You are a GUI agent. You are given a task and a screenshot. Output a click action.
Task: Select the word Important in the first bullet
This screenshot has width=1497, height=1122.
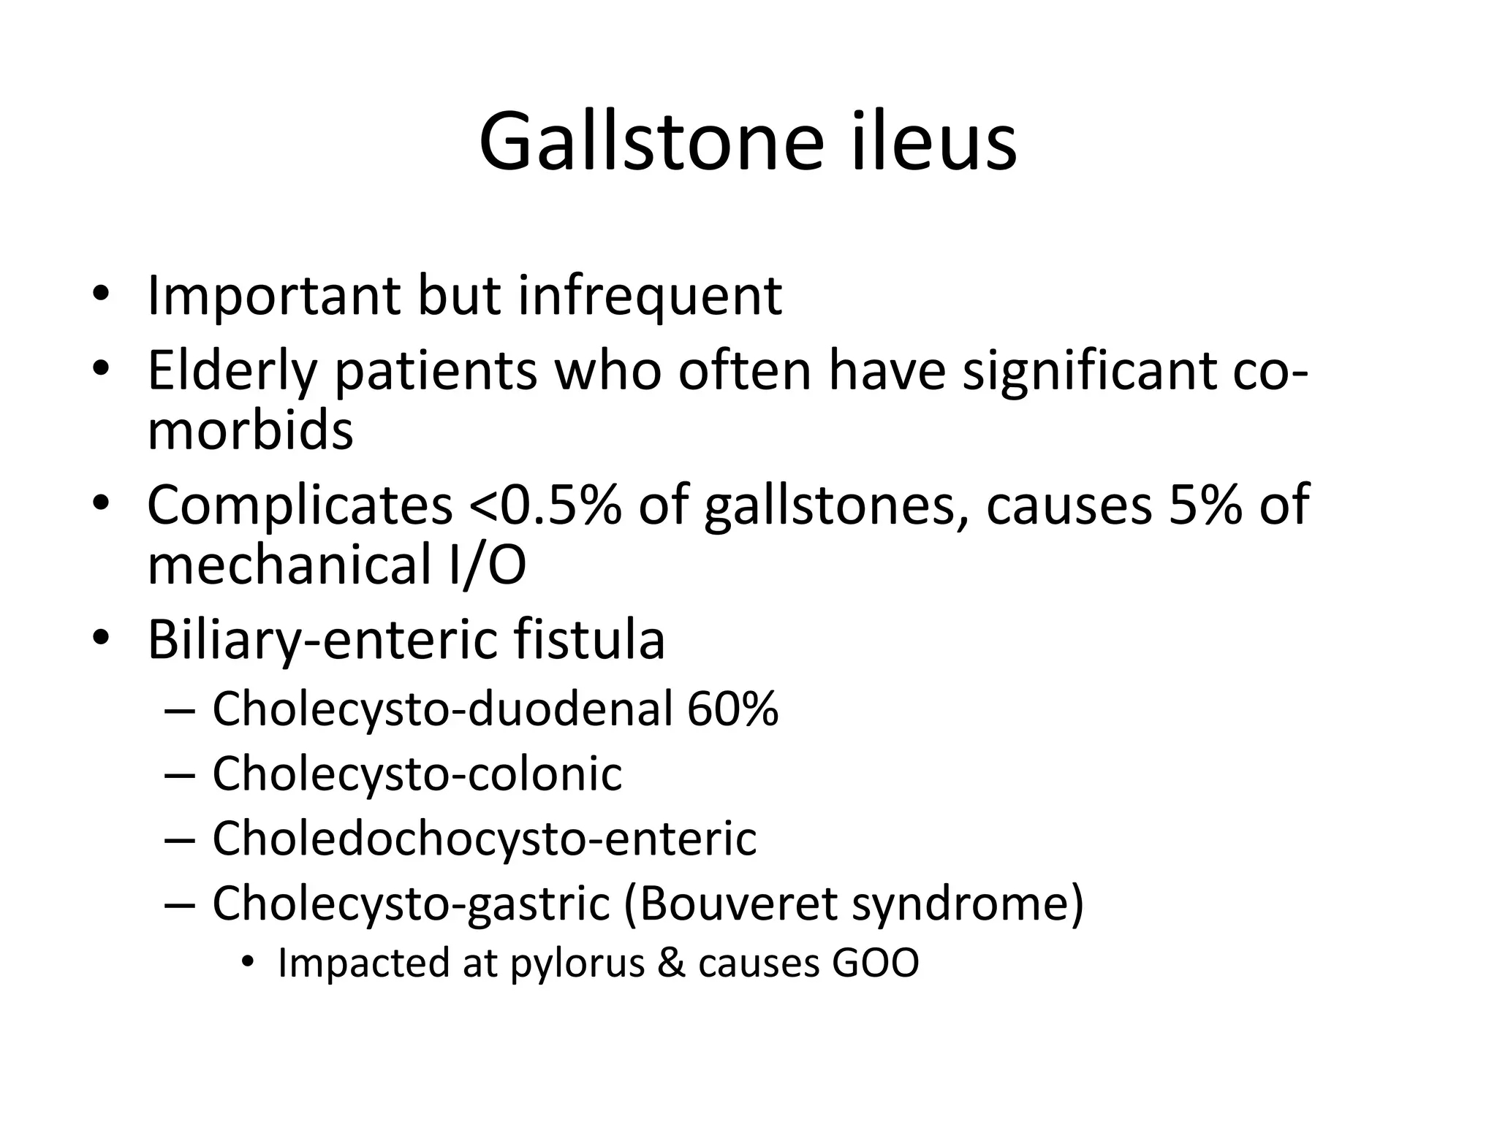[273, 296]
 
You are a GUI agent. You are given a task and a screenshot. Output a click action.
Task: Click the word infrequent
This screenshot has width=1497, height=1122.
[650, 296]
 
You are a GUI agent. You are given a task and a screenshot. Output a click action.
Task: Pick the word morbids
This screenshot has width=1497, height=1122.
[250, 430]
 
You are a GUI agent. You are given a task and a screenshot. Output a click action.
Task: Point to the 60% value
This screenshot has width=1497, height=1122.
[732, 709]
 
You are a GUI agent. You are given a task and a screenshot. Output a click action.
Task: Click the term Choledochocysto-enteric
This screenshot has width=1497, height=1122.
[484, 838]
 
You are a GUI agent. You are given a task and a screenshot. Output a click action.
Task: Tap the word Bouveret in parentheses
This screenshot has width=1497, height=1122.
[738, 903]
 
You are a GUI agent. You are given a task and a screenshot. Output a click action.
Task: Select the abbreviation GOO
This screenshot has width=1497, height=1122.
[875, 963]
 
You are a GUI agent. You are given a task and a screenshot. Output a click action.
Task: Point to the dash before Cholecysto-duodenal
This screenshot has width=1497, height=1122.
[180, 710]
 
